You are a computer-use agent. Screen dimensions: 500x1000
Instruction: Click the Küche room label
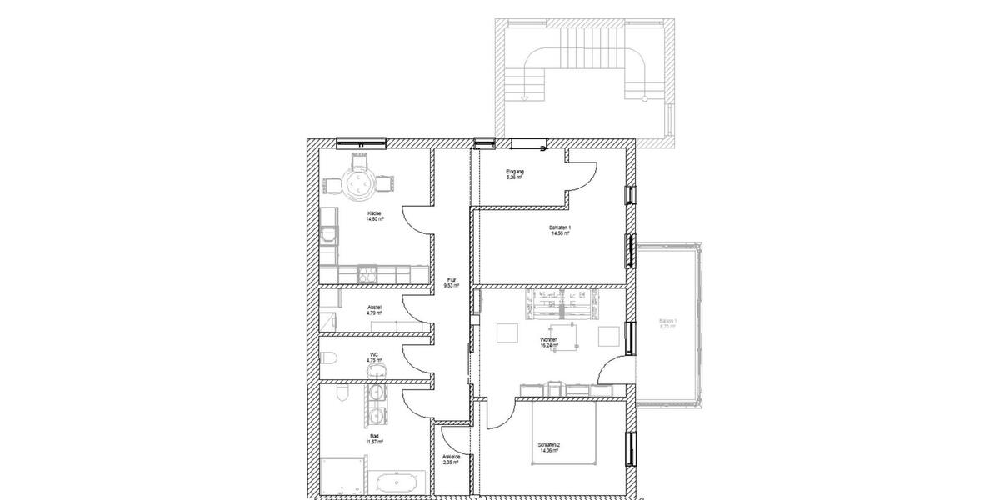374,214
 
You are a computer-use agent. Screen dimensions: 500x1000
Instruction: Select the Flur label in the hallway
452,279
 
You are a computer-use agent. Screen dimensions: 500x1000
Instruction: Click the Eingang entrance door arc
583,171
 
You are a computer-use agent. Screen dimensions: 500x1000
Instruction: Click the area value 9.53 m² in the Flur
452,285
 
